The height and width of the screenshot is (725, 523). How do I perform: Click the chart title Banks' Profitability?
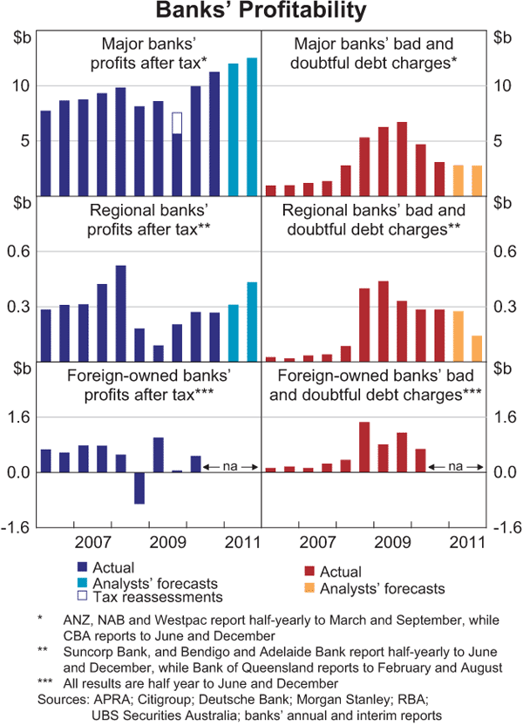point(261,12)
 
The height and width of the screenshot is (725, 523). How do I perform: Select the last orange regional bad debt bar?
point(477,348)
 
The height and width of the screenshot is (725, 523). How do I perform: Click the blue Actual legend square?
point(82,568)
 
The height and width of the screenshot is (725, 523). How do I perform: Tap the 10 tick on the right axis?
point(503,85)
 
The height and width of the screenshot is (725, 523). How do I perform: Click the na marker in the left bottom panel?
point(231,468)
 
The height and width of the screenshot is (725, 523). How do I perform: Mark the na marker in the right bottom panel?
point(456,468)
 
